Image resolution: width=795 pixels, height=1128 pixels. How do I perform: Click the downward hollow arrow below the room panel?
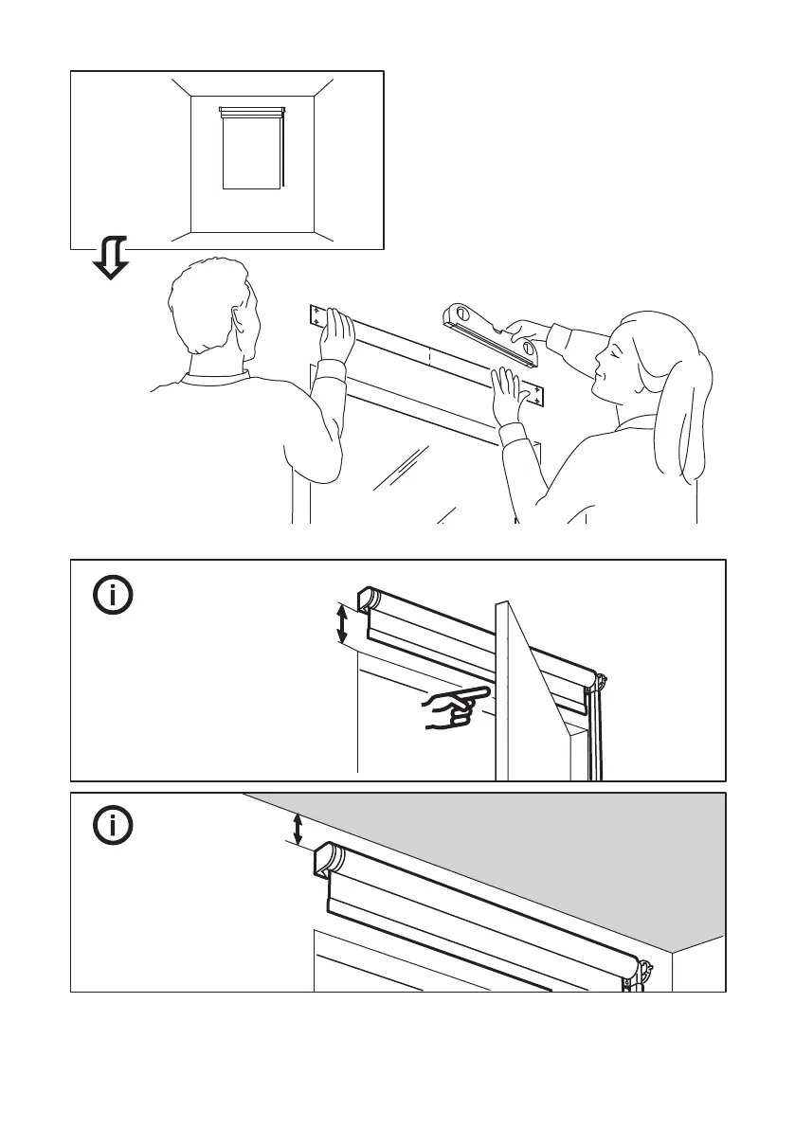111,258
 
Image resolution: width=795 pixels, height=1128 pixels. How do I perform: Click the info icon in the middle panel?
113,596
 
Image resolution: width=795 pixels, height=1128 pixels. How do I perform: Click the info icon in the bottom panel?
113,827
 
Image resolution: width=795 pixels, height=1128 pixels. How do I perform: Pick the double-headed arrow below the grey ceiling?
298,830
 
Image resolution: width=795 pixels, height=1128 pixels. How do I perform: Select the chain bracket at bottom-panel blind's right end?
646,971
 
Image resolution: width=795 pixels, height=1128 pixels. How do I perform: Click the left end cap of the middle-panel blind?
368,600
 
